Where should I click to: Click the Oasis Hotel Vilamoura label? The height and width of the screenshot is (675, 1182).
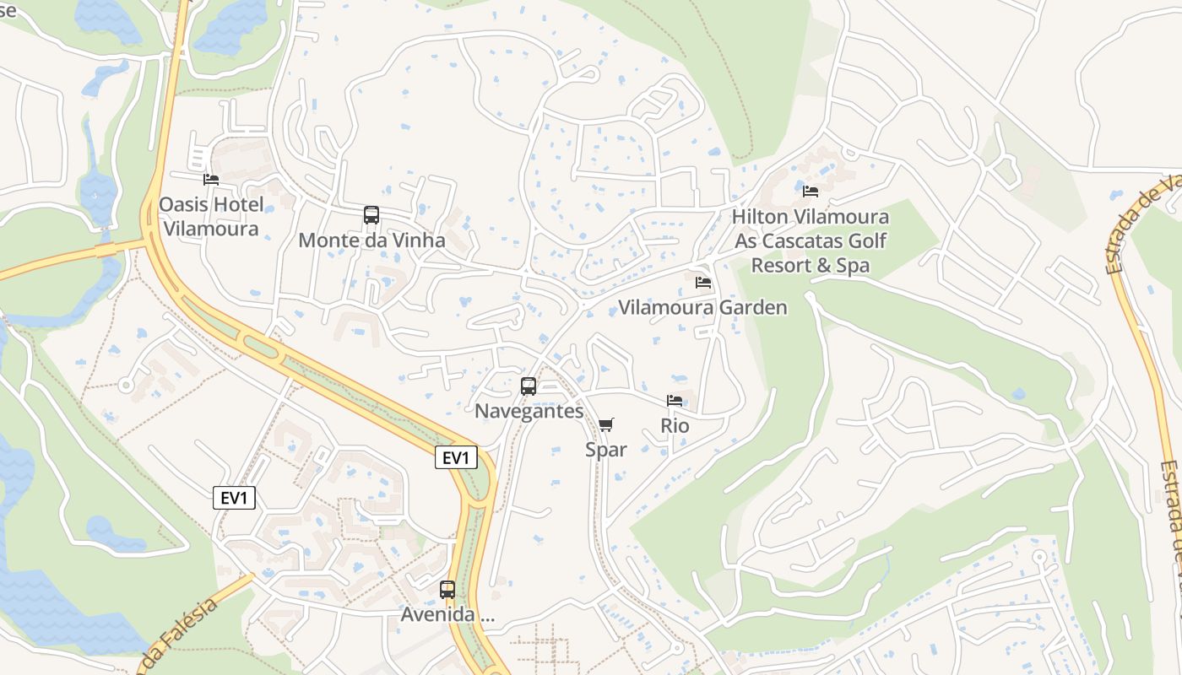click(x=211, y=216)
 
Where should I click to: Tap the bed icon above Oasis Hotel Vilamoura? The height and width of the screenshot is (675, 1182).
click(x=211, y=179)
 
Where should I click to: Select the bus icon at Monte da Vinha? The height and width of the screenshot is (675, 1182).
click(x=371, y=215)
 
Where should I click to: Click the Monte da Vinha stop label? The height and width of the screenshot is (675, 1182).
click(x=371, y=240)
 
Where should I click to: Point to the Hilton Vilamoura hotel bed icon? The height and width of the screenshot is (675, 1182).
click(x=811, y=192)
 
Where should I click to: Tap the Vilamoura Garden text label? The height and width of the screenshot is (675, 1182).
click(x=702, y=308)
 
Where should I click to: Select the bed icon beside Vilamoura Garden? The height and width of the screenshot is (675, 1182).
click(x=702, y=283)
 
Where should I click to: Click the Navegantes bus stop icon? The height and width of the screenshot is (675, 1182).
click(x=529, y=386)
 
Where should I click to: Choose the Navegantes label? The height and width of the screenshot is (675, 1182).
click(x=529, y=412)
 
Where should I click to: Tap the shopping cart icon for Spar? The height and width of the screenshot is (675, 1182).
click(x=606, y=424)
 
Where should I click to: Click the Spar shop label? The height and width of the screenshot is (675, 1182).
click(x=606, y=450)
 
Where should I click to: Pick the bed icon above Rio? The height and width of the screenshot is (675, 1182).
click(x=675, y=401)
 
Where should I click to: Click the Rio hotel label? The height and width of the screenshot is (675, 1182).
click(x=675, y=426)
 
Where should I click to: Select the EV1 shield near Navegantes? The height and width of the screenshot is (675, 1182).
click(x=456, y=458)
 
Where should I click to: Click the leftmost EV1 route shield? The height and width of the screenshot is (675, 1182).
click(x=234, y=499)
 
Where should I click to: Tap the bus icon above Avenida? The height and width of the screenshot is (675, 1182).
click(x=447, y=589)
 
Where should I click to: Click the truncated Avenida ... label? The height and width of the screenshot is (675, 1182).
click(x=447, y=615)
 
